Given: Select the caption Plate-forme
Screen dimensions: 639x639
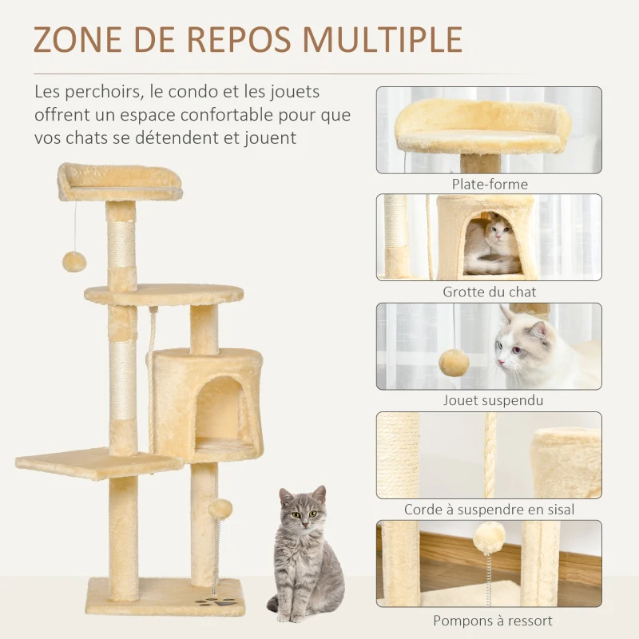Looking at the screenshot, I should click(x=489, y=185).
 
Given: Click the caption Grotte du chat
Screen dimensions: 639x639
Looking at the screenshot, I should click(x=489, y=292).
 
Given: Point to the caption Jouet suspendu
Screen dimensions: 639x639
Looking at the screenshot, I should click(x=489, y=400).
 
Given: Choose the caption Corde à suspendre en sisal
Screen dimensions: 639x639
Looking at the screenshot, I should click(x=489, y=509).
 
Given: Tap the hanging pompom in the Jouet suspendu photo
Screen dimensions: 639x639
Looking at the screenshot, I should click(x=454, y=363).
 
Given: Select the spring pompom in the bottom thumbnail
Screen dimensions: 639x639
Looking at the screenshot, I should click(x=489, y=537).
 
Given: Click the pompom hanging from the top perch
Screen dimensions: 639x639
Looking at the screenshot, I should click(x=74, y=261).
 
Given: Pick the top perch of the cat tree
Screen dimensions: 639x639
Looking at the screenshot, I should click(x=120, y=182).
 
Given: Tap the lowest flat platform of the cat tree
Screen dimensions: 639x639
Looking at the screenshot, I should click(x=96, y=462).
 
